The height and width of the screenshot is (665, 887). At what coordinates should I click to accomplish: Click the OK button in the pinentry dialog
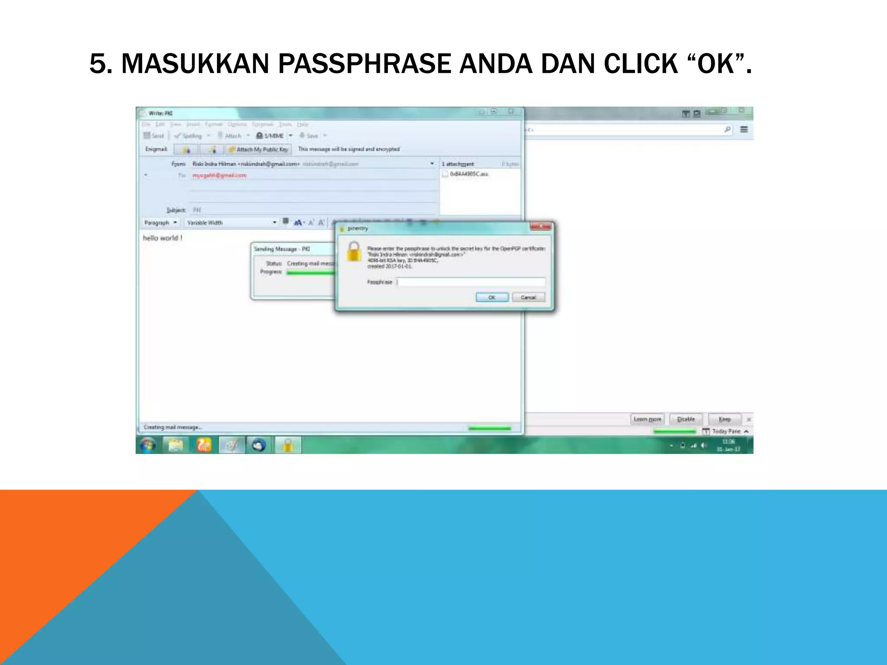[x=492, y=297]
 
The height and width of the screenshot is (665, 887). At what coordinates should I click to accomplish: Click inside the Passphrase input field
[x=471, y=282]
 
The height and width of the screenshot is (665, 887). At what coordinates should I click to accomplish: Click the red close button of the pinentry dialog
[x=541, y=227]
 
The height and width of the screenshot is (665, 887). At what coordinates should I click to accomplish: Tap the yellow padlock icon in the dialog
[x=354, y=252]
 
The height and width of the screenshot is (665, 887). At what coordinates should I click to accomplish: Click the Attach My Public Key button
[x=259, y=149]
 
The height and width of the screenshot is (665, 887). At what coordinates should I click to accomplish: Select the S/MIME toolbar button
[x=270, y=136]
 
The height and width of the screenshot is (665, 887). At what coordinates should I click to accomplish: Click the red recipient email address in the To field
[x=219, y=175]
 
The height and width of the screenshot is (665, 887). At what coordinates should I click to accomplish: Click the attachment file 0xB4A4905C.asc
[x=469, y=174]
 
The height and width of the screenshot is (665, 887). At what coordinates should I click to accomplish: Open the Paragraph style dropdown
[x=161, y=223]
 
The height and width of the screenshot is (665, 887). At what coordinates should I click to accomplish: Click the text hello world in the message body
[x=162, y=238]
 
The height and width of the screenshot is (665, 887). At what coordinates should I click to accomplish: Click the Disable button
[x=686, y=419]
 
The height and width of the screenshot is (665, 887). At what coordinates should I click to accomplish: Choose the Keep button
[x=725, y=419]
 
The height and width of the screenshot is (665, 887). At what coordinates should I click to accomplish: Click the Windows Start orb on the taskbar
[x=148, y=445]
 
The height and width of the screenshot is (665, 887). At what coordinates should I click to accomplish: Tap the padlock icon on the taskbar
[x=288, y=445]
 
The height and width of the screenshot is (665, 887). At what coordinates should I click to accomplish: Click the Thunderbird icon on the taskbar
[x=259, y=445]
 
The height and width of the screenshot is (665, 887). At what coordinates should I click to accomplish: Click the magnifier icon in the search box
[x=727, y=129]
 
